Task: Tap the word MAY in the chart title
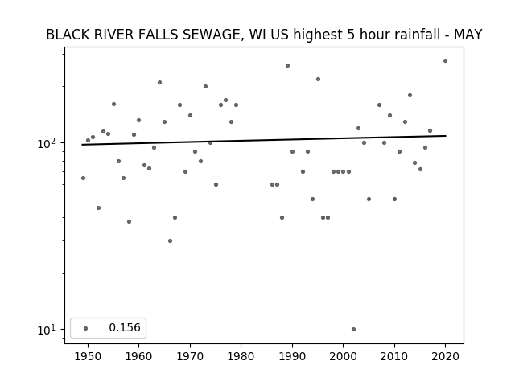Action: tap(468, 35)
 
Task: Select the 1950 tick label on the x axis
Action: tap(88, 356)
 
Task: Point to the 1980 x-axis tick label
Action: tap(241, 356)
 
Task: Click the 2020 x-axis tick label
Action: tap(445, 356)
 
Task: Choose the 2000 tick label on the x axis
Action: tap(344, 356)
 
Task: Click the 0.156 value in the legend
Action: tap(125, 327)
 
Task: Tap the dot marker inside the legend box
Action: tap(86, 328)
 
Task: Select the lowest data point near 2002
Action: tap(353, 329)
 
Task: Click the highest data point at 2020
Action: tap(445, 61)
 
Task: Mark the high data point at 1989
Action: tap(287, 66)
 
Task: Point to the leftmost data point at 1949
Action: tap(83, 179)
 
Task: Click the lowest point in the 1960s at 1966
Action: tap(170, 241)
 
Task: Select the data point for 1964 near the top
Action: tap(159, 82)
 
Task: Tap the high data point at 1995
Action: tap(318, 79)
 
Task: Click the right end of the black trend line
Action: tap(446, 136)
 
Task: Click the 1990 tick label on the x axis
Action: tap(292, 356)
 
